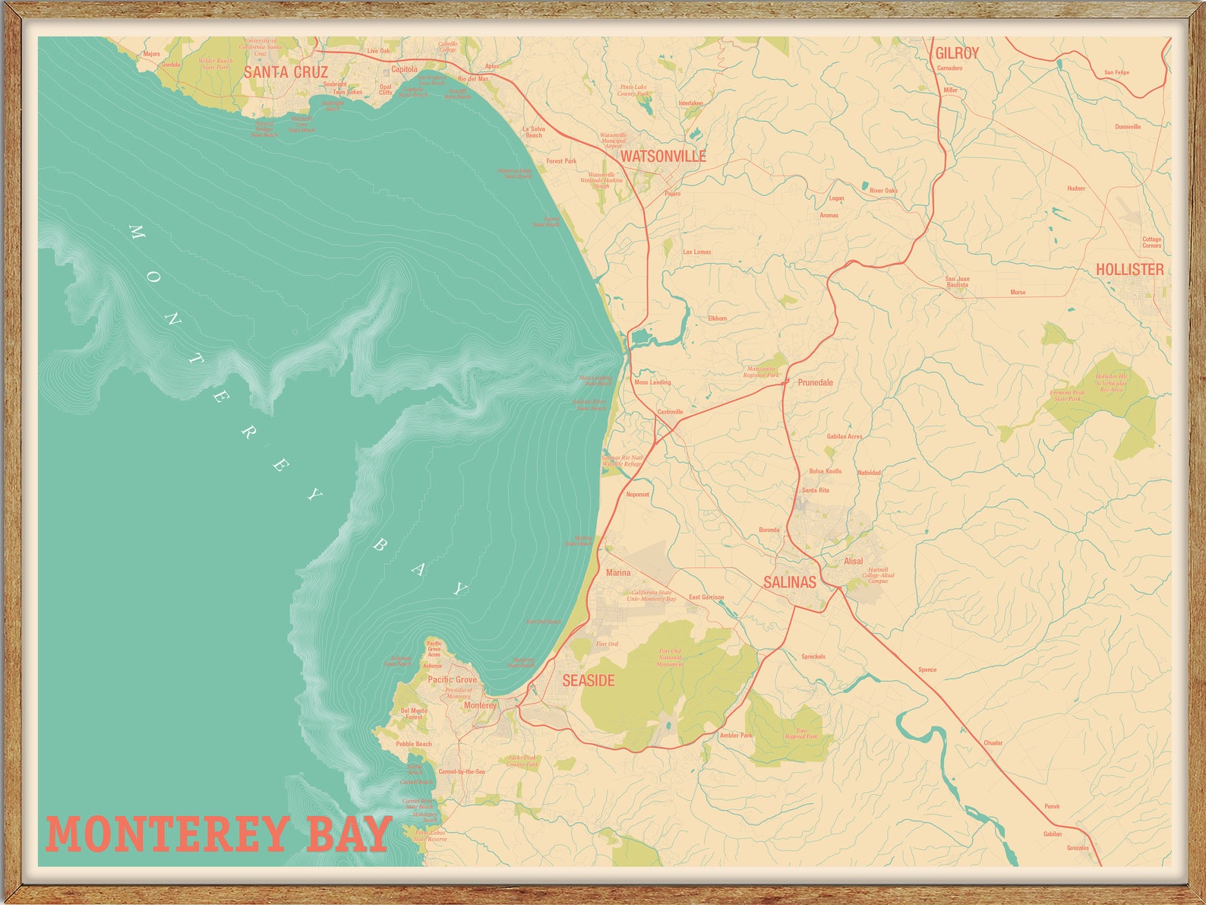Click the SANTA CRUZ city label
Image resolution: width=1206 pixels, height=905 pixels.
click(x=286, y=72)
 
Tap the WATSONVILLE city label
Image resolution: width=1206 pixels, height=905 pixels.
click(x=663, y=157)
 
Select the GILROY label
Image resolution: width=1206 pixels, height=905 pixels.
click(x=957, y=53)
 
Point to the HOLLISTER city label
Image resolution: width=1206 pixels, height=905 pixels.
click(x=1129, y=270)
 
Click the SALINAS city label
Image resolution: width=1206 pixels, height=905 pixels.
click(x=790, y=583)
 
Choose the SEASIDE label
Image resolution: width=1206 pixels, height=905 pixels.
click(x=589, y=681)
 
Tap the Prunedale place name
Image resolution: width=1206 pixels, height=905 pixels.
click(x=815, y=383)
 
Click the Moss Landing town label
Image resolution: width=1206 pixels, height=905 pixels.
click(x=652, y=382)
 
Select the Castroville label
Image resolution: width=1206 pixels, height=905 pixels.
click(x=670, y=412)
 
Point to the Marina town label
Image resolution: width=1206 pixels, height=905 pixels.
click(x=618, y=573)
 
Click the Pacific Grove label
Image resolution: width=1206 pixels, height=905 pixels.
click(x=452, y=679)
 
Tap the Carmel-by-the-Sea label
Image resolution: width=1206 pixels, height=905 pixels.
click(x=461, y=772)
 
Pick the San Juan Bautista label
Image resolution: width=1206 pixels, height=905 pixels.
click(x=957, y=282)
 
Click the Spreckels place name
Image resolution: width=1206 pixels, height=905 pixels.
click(x=813, y=657)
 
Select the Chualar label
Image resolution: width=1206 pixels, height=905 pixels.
click(x=993, y=743)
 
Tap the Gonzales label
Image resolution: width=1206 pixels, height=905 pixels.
click(x=1078, y=848)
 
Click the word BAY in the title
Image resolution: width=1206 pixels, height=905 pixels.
click(x=349, y=834)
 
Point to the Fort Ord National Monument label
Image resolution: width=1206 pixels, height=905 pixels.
click(x=670, y=658)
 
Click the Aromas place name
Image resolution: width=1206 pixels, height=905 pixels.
click(x=829, y=216)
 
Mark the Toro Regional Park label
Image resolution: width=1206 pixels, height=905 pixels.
click(x=801, y=734)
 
